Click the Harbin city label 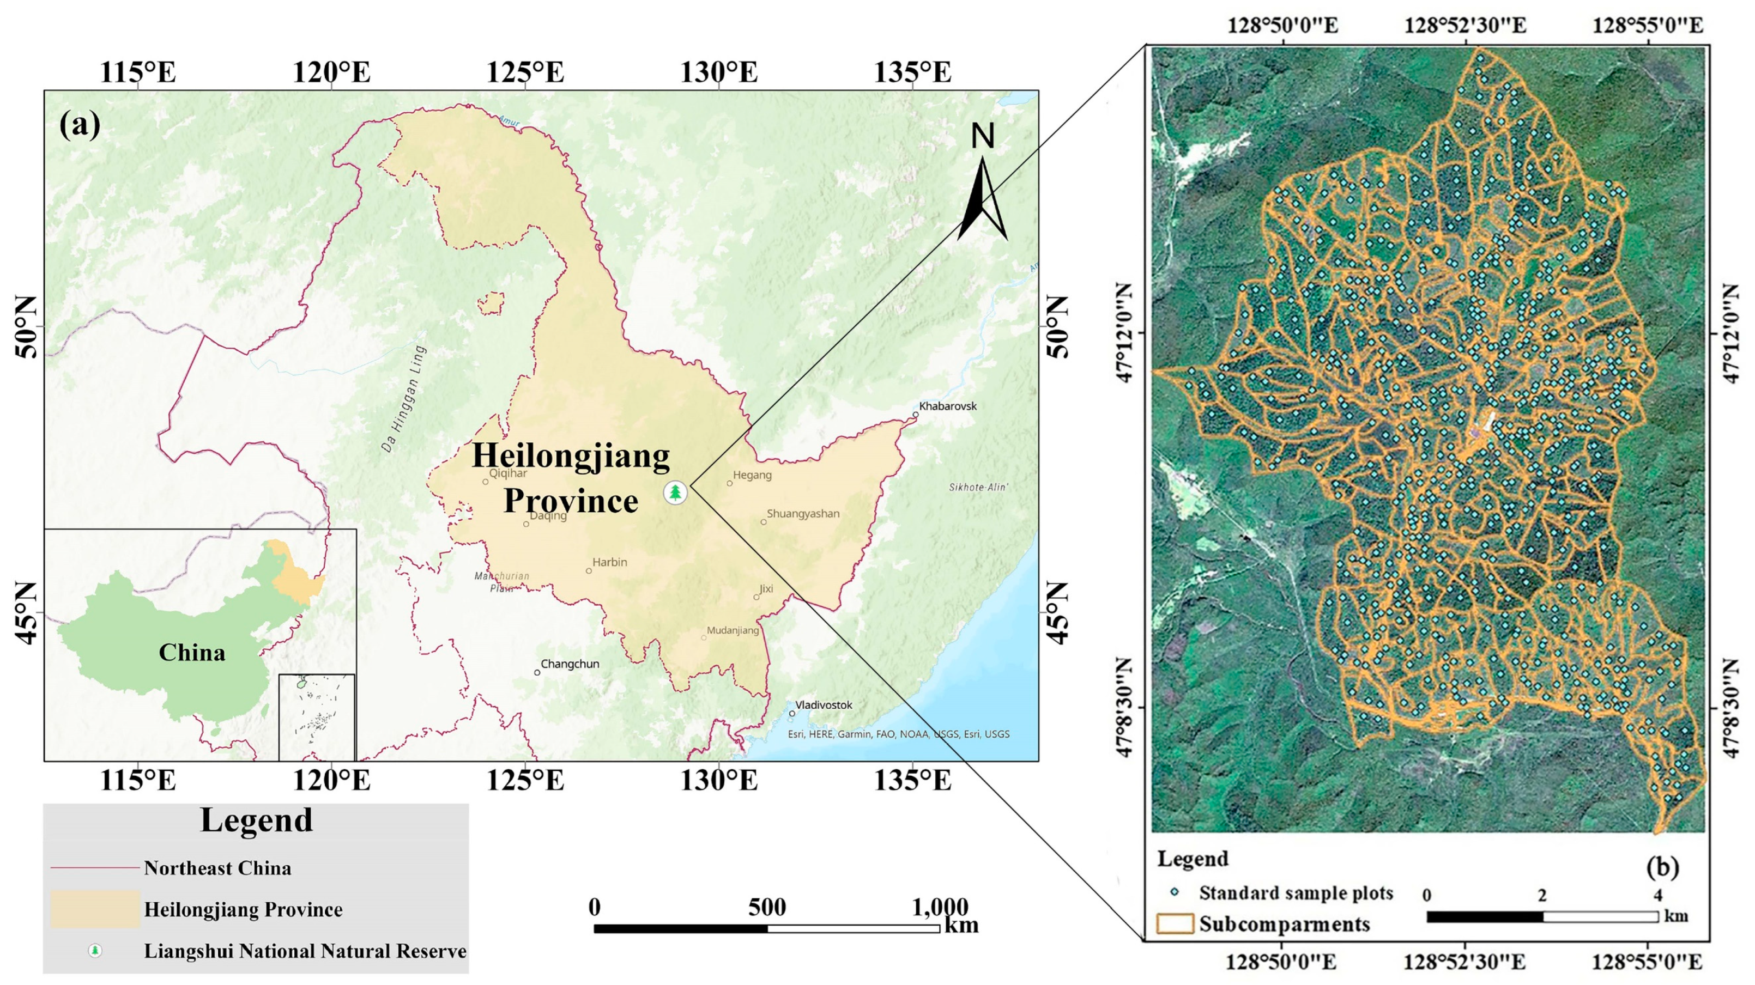click(609, 562)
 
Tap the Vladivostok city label click(824, 705)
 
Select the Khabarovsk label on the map click(948, 406)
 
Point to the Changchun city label click(570, 664)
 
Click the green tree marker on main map click(675, 492)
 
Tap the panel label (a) click(80, 125)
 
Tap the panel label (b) click(1662, 867)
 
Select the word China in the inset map click(191, 653)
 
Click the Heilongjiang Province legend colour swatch click(95, 909)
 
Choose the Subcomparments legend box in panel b click(1175, 923)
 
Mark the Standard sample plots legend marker click(1175, 892)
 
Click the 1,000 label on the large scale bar click(940, 907)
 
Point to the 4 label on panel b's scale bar click(1657, 895)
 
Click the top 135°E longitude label click(913, 71)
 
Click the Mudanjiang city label click(733, 630)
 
